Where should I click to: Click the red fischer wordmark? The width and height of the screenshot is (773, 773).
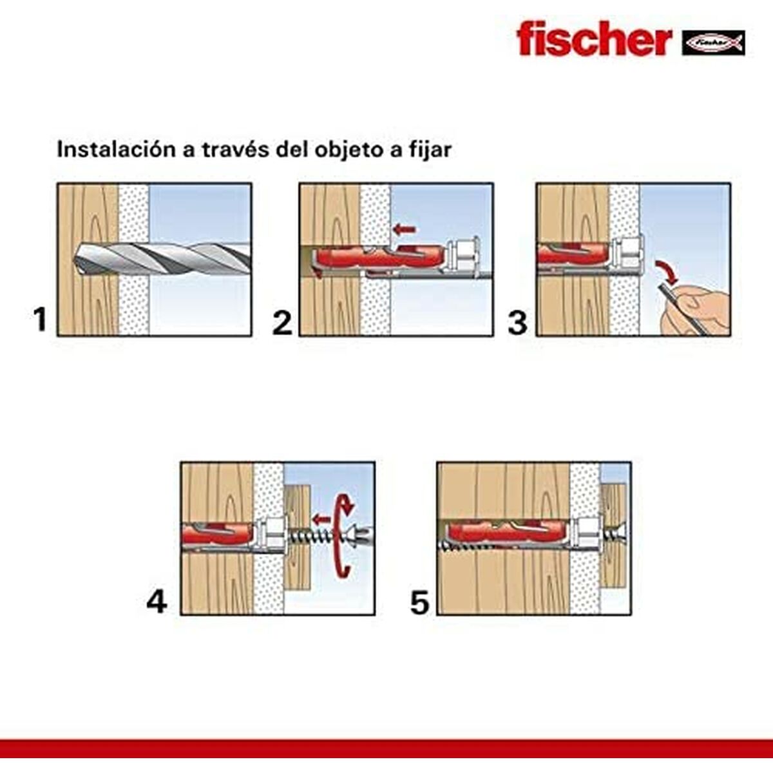coord(593,39)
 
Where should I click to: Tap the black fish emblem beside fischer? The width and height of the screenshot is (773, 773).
coord(713,43)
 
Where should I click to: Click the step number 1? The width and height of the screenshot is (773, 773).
coord(40,320)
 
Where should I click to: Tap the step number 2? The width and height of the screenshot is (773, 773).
coord(282,323)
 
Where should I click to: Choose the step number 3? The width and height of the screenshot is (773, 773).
coord(517,323)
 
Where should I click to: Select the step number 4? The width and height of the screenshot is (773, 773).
coord(157,602)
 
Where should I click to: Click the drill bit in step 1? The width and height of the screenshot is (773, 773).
coord(161,259)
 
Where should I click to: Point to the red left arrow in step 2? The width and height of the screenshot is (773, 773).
coord(405,229)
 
